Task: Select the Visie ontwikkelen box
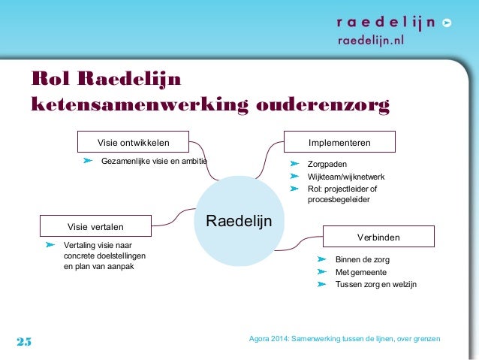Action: [134, 141]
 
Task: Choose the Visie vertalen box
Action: [95, 225]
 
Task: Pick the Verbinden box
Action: [378, 237]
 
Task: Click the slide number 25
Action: [24, 342]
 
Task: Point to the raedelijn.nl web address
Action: [370, 41]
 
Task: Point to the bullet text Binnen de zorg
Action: [363, 259]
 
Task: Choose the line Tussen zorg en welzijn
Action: [375, 285]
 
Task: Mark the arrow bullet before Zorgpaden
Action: [295, 163]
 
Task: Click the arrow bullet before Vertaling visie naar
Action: [50, 245]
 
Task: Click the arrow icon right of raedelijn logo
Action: [447, 23]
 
